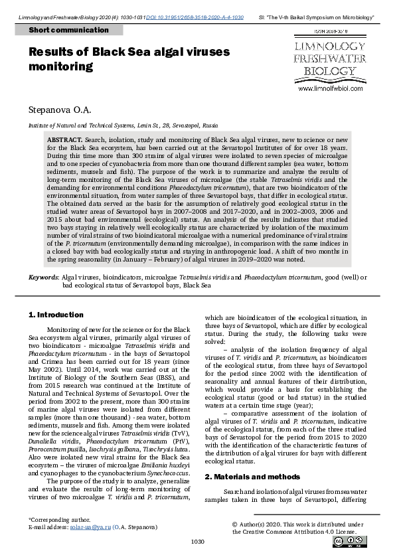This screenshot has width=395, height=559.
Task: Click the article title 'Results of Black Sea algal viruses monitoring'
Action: pyautogui.click(x=129, y=59)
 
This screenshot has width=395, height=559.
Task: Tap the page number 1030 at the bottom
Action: pyautogui.click(x=197, y=542)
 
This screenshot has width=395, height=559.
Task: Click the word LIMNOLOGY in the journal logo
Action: pyautogui.click(x=329, y=46)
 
